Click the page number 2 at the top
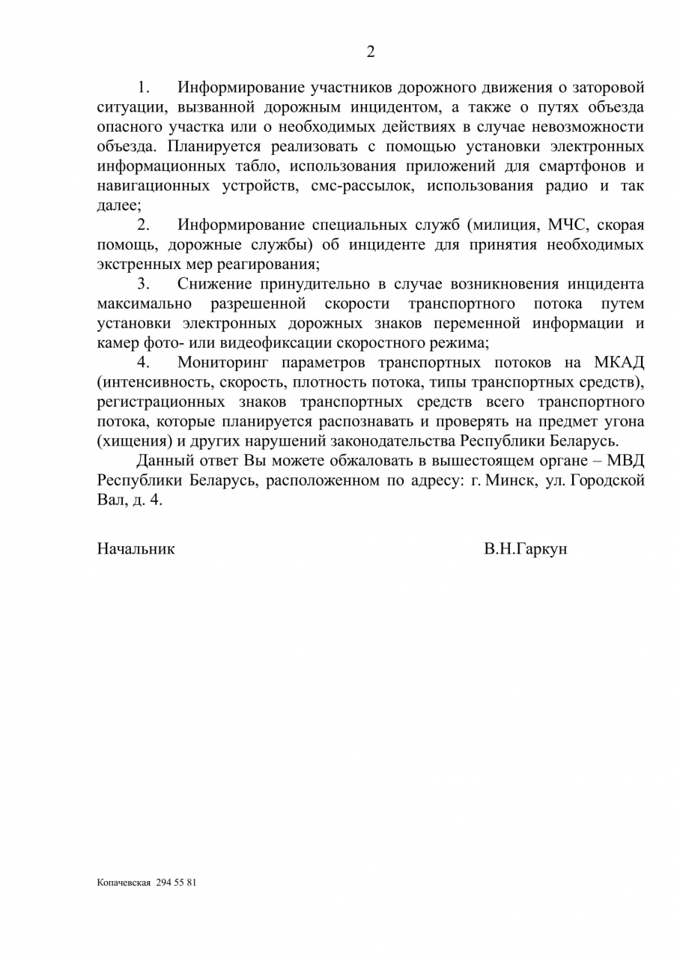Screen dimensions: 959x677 (x=370, y=52)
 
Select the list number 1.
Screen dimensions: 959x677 (x=144, y=87)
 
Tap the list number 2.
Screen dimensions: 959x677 (x=144, y=225)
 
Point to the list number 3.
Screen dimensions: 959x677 (x=144, y=284)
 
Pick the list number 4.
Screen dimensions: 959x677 (x=144, y=363)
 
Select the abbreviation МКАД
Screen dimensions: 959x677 (x=619, y=363)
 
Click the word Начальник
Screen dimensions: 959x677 (x=136, y=548)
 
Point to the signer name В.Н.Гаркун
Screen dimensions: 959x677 (x=525, y=548)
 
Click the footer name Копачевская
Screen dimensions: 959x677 (x=124, y=883)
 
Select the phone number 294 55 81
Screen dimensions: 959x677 (x=177, y=883)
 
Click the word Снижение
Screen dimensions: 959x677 (x=214, y=284)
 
